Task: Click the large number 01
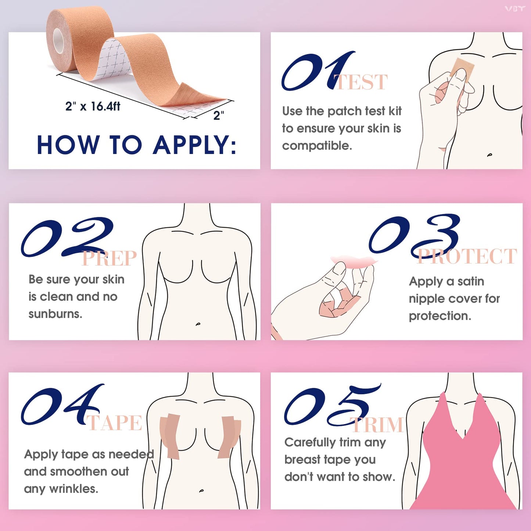[x=316, y=72]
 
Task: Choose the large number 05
[x=331, y=406]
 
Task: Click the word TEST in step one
[x=362, y=82]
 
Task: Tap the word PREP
[x=109, y=258]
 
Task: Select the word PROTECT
[x=467, y=256]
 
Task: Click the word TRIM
[x=378, y=425]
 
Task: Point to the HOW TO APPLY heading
[x=136, y=145]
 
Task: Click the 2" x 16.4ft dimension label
[x=93, y=107]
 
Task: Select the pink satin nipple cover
[x=354, y=262]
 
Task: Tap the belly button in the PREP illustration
[x=198, y=324]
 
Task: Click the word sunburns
[x=55, y=314]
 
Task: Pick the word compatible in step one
[x=317, y=146]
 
